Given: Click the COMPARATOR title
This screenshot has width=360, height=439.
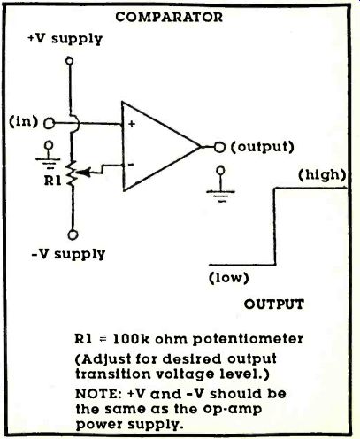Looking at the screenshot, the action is [169, 17].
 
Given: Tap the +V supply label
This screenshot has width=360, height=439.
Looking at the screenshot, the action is [65, 39].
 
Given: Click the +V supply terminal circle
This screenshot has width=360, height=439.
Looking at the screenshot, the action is [70, 61].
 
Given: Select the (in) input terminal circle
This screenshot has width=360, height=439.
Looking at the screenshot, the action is [50, 123].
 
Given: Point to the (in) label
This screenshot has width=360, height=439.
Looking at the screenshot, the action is [24, 121].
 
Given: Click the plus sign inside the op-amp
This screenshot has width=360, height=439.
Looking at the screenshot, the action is [132, 124].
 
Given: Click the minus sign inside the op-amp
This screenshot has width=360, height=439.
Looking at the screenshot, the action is [131, 165].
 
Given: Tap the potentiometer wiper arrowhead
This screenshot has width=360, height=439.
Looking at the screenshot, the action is [84, 173].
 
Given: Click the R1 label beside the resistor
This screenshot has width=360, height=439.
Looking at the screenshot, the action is [53, 181].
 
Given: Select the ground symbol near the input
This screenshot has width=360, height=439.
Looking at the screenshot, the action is [49, 156].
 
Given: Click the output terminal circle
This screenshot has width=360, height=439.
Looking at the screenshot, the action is [219, 147].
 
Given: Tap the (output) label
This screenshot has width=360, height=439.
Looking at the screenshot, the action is [263, 147].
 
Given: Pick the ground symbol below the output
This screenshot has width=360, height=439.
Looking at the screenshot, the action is [220, 184].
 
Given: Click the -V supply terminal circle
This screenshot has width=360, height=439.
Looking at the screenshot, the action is [73, 235].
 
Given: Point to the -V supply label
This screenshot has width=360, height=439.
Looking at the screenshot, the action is [68, 254].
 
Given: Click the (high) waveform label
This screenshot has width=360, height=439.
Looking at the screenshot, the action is [322, 175].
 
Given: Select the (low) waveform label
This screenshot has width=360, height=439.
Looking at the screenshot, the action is [229, 278].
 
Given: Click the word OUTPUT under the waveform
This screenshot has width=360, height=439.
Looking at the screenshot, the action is [274, 304].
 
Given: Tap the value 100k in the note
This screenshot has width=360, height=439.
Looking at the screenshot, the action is [132, 339].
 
